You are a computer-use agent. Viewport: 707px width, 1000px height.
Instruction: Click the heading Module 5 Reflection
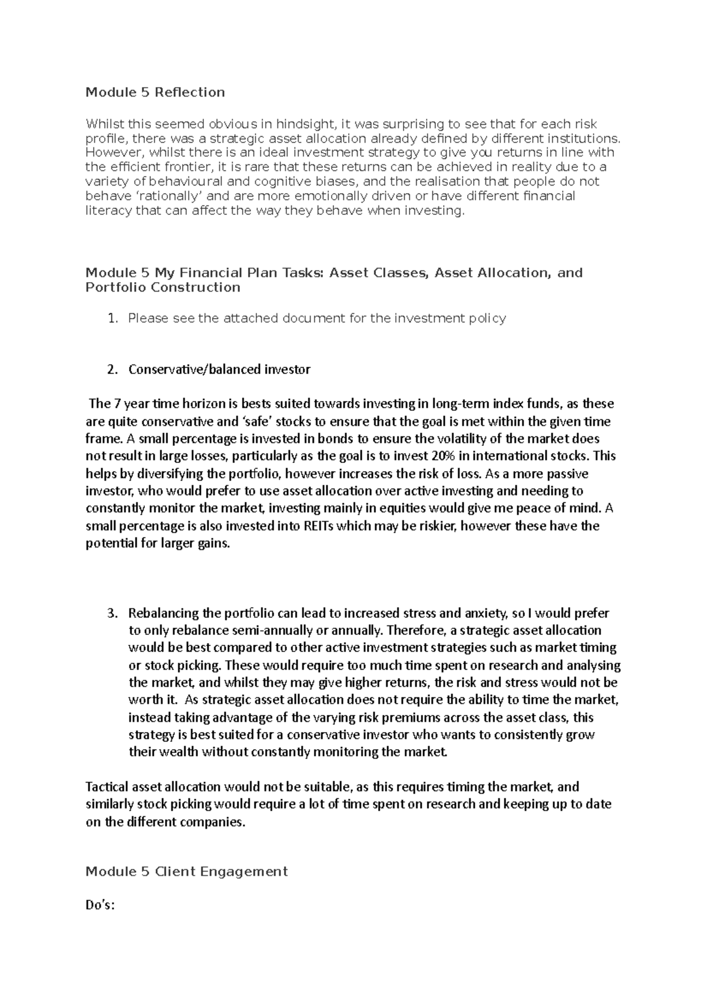point(155,92)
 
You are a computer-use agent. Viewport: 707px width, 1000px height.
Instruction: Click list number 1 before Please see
point(113,319)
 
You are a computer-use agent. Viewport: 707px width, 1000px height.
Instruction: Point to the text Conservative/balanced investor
point(219,370)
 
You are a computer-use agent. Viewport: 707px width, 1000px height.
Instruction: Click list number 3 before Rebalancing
point(113,613)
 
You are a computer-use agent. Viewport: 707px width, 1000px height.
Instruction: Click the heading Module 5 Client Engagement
point(187,872)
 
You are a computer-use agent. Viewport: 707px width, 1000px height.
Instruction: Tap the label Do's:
point(100,906)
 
